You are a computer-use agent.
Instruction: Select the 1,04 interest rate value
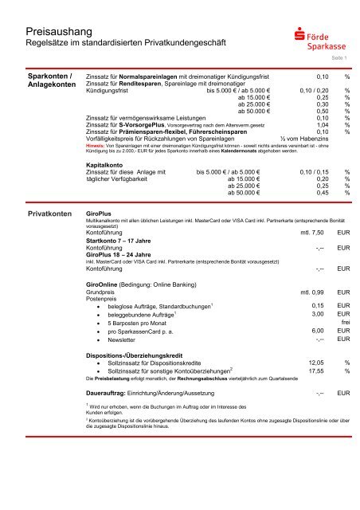(322, 125)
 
